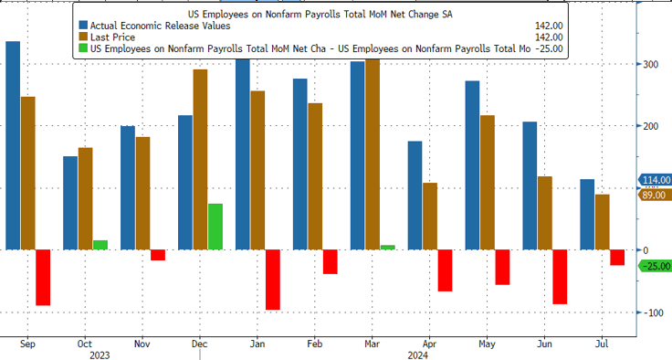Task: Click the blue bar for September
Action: pos(13,145)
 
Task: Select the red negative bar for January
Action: pos(272,280)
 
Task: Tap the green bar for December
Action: pos(215,227)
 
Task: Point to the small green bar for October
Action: pos(100,245)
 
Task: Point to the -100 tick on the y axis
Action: pos(652,312)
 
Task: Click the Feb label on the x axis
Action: pos(313,345)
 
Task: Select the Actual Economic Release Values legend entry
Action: pos(155,25)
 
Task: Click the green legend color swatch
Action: pos(85,48)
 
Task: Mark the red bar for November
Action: pos(157,255)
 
